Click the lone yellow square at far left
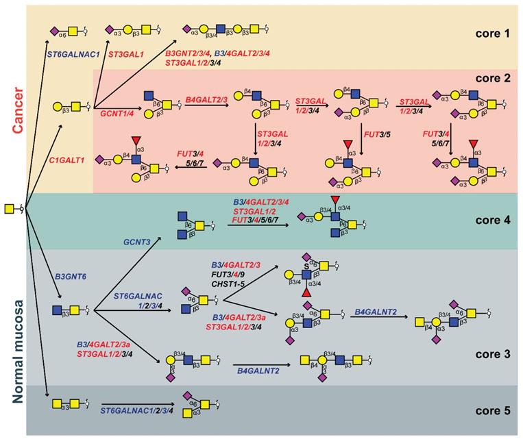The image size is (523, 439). [x=9, y=208]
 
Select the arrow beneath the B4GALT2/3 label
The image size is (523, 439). [x=208, y=108]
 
